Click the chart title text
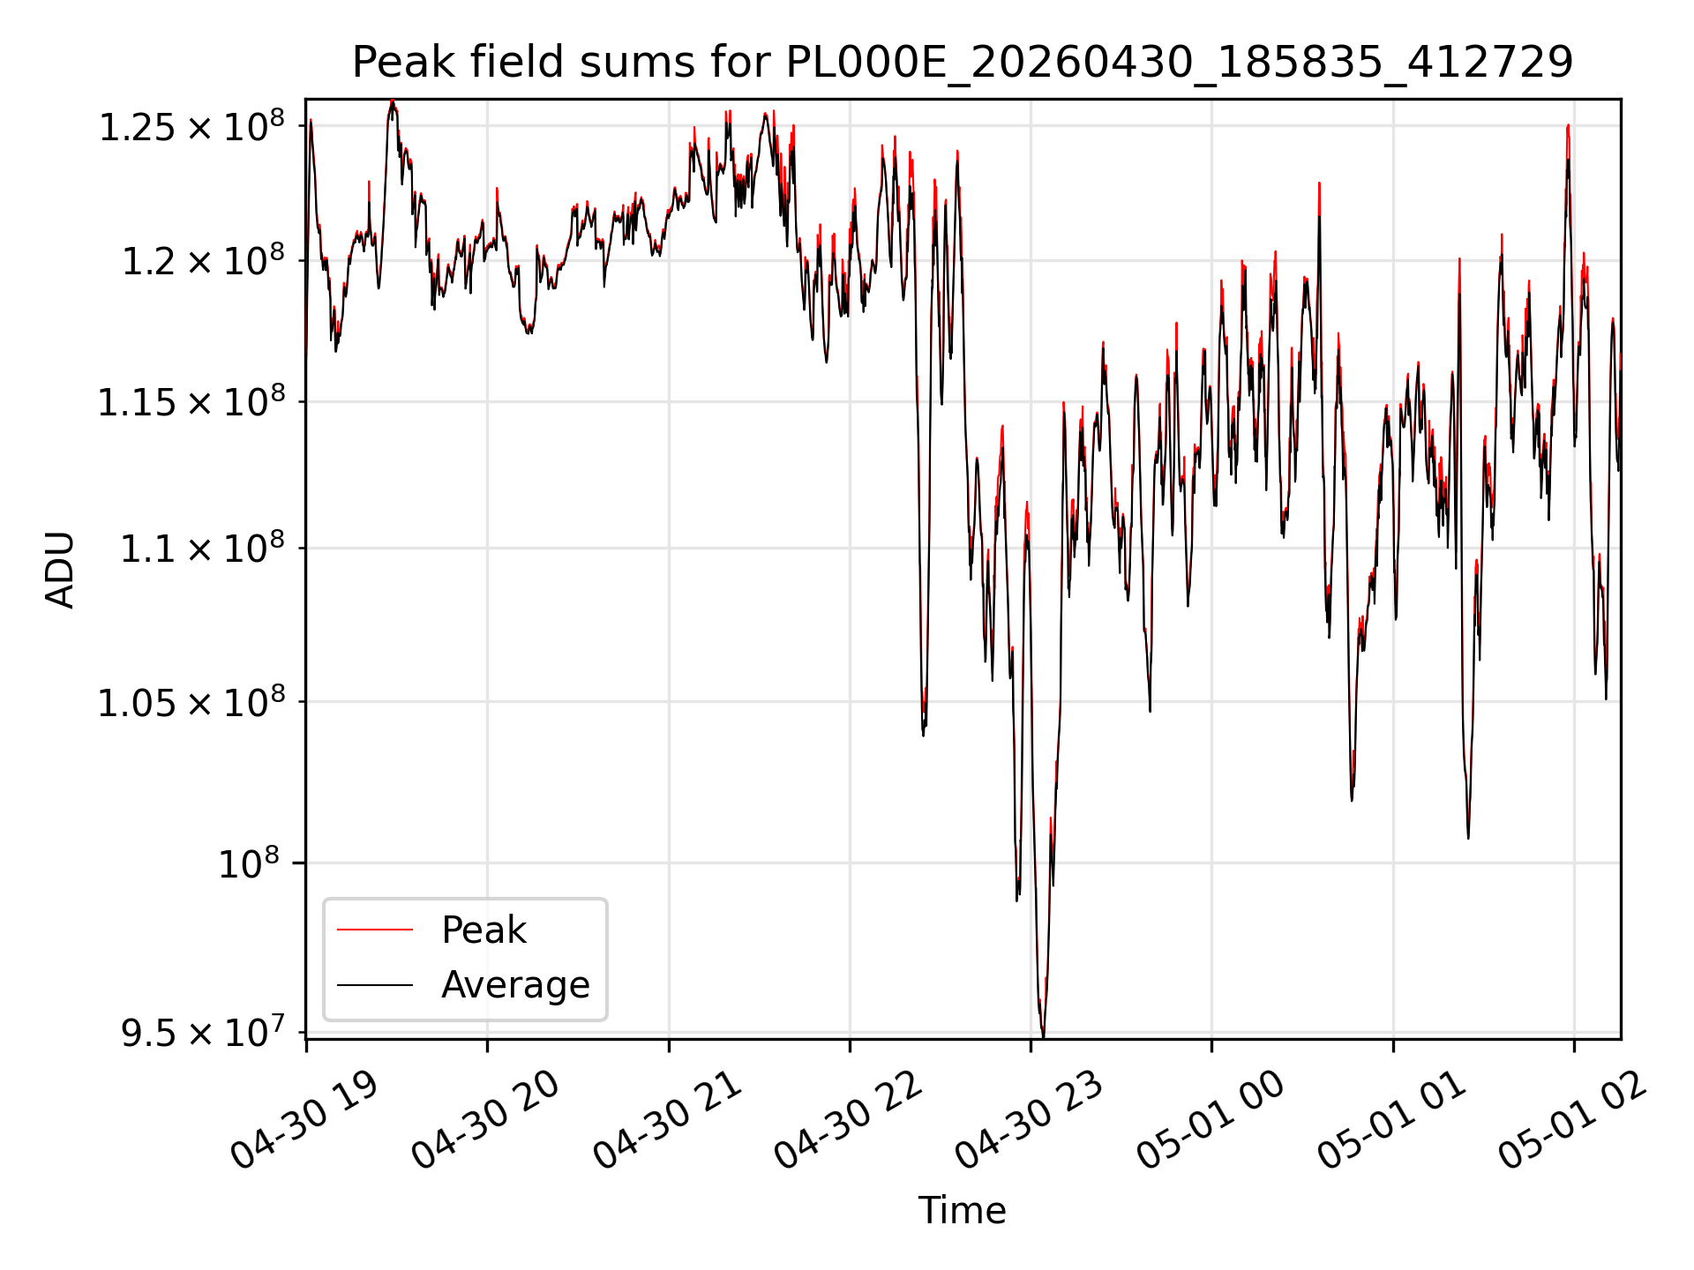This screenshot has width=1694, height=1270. click(963, 63)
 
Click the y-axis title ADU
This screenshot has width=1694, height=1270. click(60, 570)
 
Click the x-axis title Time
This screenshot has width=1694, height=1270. click(963, 1210)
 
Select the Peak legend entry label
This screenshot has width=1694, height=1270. click(483, 930)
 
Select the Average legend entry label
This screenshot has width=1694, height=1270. click(515, 984)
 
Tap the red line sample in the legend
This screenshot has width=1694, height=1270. click(375, 930)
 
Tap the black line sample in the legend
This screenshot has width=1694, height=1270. click(375, 984)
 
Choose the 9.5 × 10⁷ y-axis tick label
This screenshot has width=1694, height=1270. click(203, 1032)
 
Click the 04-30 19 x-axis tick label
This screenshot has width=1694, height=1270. click(304, 1120)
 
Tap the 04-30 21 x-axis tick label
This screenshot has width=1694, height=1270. click(667, 1120)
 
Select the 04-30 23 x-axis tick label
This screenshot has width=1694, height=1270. click(1030, 1120)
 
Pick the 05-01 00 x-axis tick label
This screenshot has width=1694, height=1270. click(1211, 1120)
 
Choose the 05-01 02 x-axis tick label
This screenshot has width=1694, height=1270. click(1573, 1120)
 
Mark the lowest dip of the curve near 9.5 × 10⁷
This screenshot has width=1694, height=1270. click(1044, 1035)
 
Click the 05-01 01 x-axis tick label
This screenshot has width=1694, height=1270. click(1392, 1120)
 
